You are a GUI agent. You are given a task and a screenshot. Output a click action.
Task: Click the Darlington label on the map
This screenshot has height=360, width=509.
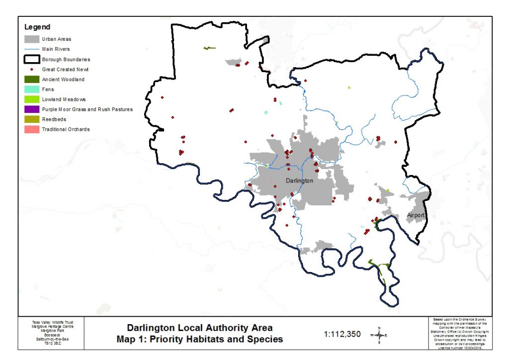click(x=300, y=180)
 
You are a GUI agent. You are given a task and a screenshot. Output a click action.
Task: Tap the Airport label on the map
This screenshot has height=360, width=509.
click(x=416, y=215)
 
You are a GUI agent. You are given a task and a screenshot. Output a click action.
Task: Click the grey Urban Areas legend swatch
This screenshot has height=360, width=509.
click(x=32, y=39)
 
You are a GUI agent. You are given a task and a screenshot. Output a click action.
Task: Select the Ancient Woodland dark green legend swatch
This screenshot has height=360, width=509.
click(x=32, y=80)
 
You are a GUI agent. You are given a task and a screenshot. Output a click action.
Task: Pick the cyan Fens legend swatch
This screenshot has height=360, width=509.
click(x=32, y=90)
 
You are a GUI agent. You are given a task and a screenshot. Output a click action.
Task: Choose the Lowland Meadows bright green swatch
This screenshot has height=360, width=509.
click(x=32, y=99)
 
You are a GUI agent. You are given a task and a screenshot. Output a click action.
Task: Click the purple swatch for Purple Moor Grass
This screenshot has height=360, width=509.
click(x=32, y=109)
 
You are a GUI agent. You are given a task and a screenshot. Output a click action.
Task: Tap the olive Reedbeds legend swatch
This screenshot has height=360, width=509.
click(x=32, y=119)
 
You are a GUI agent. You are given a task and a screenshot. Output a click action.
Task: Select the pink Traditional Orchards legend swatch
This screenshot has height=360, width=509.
click(x=32, y=129)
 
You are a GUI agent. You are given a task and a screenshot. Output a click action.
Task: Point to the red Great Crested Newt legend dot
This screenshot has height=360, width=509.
click(x=32, y=70)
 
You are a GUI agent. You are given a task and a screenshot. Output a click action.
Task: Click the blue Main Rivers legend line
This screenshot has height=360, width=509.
click(x=32, y=49)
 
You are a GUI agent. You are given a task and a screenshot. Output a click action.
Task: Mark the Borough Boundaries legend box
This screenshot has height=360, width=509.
click(x=32, y=59)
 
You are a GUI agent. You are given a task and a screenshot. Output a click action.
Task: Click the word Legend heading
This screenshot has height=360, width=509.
click(x=37, y=27)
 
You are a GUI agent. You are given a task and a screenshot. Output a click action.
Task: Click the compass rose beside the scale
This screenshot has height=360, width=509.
click(x=379, y=335)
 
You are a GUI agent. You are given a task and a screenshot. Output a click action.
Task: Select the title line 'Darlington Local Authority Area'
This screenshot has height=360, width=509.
click(x=200, y=328)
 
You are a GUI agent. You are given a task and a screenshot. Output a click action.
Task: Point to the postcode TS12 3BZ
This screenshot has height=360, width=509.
click(x=52, y=343)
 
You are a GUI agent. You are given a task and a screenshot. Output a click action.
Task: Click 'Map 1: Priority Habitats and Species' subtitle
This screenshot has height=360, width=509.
click(x=200, y=339)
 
